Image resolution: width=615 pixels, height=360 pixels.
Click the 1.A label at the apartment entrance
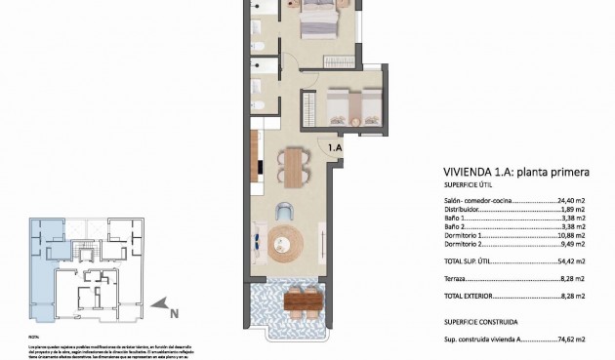[x=335, y=147]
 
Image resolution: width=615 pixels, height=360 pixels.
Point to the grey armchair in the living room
[x=284, y=210]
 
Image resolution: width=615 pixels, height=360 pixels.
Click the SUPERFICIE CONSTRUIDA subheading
[x=480, y=321]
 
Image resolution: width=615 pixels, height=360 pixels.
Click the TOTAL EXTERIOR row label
[x=472, y=295]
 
